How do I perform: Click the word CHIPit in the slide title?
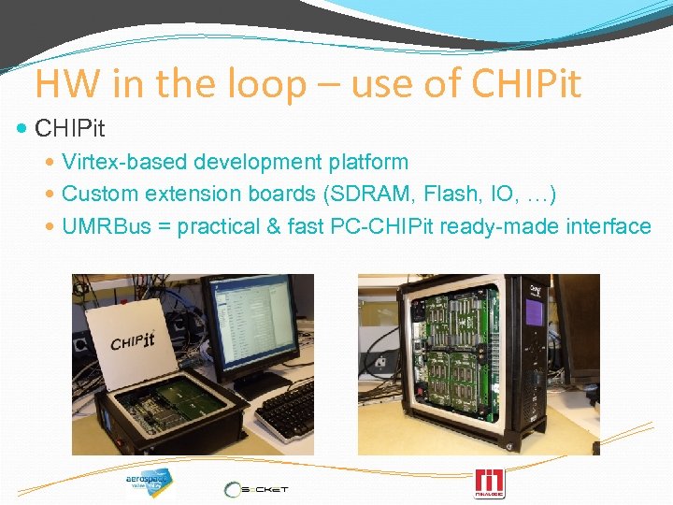[527, 84]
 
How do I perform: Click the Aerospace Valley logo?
[149, 483]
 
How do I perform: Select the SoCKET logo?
[257, 488]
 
